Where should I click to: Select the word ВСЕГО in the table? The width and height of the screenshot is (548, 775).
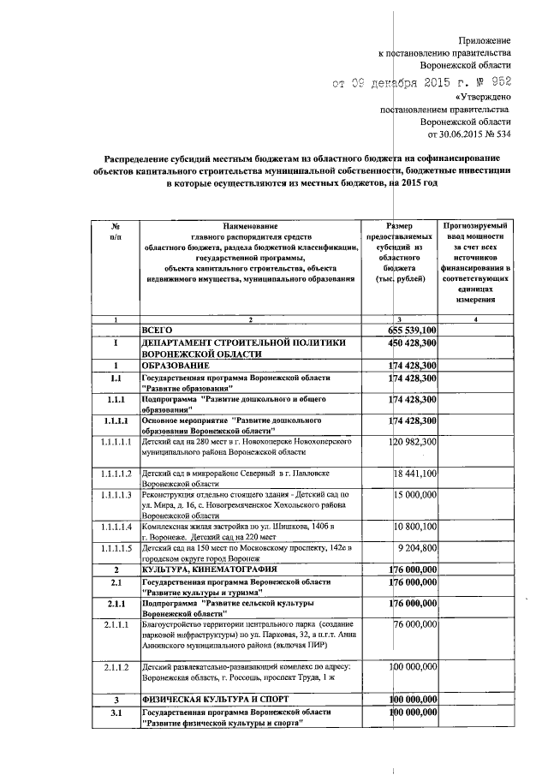click(158, 330)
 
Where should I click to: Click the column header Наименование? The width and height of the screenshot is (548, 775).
click(251, 224)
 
